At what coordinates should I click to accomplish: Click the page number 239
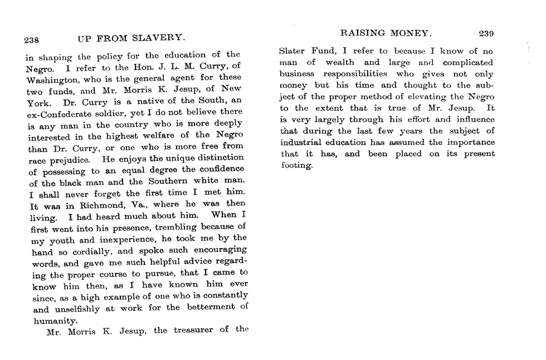(486, 33)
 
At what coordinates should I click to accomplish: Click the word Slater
(292, 51)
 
